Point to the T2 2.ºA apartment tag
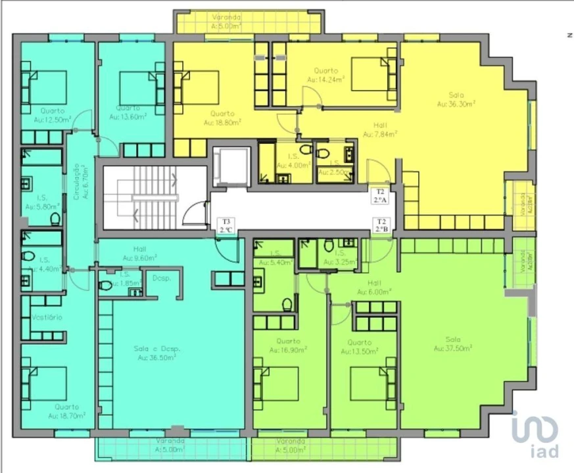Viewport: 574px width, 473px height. tap(380, 195)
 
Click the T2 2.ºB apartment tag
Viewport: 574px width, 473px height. tap(381, 225)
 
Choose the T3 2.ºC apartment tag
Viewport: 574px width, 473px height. tap(226, 226)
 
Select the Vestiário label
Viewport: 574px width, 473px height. tap(46, 317)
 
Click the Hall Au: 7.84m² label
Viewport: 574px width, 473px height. tap(380, 130)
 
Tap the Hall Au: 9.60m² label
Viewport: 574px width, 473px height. tap(139, 253)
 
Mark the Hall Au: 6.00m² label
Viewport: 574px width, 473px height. tap(373, 286)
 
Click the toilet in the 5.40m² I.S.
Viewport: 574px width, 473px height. tap(287, 305)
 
